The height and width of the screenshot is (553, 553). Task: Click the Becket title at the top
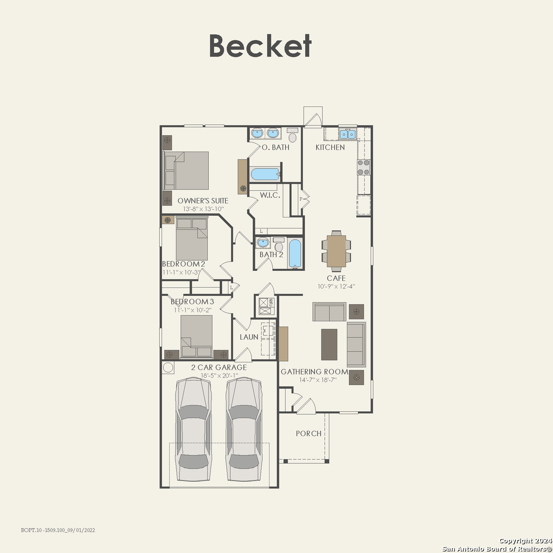(x=260, y=46)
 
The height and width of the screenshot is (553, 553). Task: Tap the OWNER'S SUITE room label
(x=203, y=201)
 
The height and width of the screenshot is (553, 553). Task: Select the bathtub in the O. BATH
(x=265, y=174)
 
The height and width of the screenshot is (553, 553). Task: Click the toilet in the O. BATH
(x=292, y=135)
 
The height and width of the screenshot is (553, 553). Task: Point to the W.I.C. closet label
(x=270, y=195)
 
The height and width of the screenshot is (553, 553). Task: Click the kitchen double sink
(x=347, y=134)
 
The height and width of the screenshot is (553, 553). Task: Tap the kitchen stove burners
(x=364, y=167)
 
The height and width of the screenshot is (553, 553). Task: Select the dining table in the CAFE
(x=336, y=251)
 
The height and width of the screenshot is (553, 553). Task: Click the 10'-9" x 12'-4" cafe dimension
(x=336, y=286)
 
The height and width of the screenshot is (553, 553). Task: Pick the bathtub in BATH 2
(x=295, y=253)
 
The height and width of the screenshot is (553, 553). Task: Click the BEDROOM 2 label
(x=183, y=264)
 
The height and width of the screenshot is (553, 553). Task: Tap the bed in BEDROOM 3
(x=197, y=336)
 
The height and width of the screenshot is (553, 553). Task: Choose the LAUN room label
(x=249, y=337)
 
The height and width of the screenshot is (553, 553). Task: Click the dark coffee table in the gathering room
(x=329, y=345)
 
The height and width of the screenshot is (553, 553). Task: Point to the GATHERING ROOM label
(x=314, y=372)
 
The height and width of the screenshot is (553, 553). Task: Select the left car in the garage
(x=194, y=429)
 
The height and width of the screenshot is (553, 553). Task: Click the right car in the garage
(x=244, y=429)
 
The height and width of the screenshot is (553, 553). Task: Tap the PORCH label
(x=309, y=434)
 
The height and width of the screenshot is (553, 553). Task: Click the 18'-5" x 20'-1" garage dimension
(x=219, y=376)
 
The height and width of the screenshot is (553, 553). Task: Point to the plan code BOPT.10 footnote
(x=58, y=530)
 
